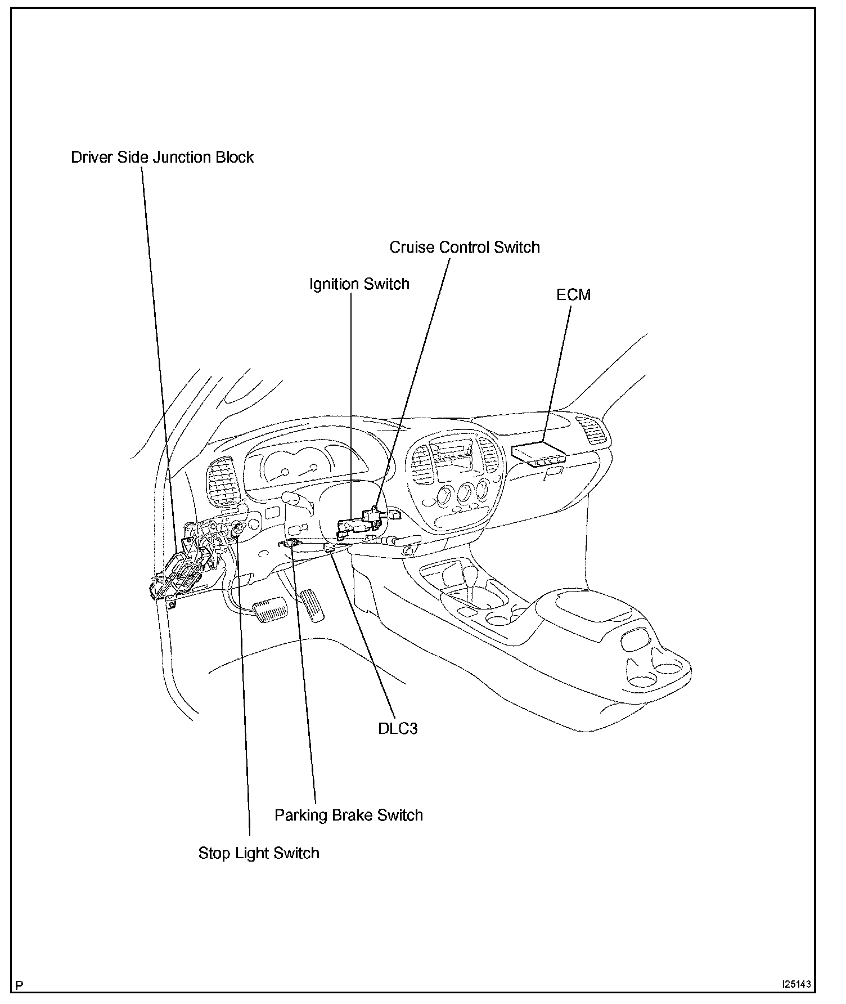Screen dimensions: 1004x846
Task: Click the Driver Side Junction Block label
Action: pyautogui.click(x=162, y=157)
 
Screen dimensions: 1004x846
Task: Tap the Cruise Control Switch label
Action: pyautogui.click(x=464, y=247)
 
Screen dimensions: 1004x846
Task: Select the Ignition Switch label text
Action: pyautogui.click(x=359, y=284)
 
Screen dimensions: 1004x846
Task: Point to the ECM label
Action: pyautogui.click(x=573, y=294)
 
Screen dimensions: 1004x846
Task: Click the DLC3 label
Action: pyautogui.click(x=398, y=728)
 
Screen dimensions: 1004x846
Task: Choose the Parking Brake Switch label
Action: pyautogui.click(x=348, y=815)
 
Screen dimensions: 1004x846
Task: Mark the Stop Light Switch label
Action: pyautogui.click(x=259, y=853)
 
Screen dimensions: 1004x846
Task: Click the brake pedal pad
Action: pyautogui.click(x=270, y=611)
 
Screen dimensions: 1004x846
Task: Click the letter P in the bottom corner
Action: pyautogui.click(x=20, y=985)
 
